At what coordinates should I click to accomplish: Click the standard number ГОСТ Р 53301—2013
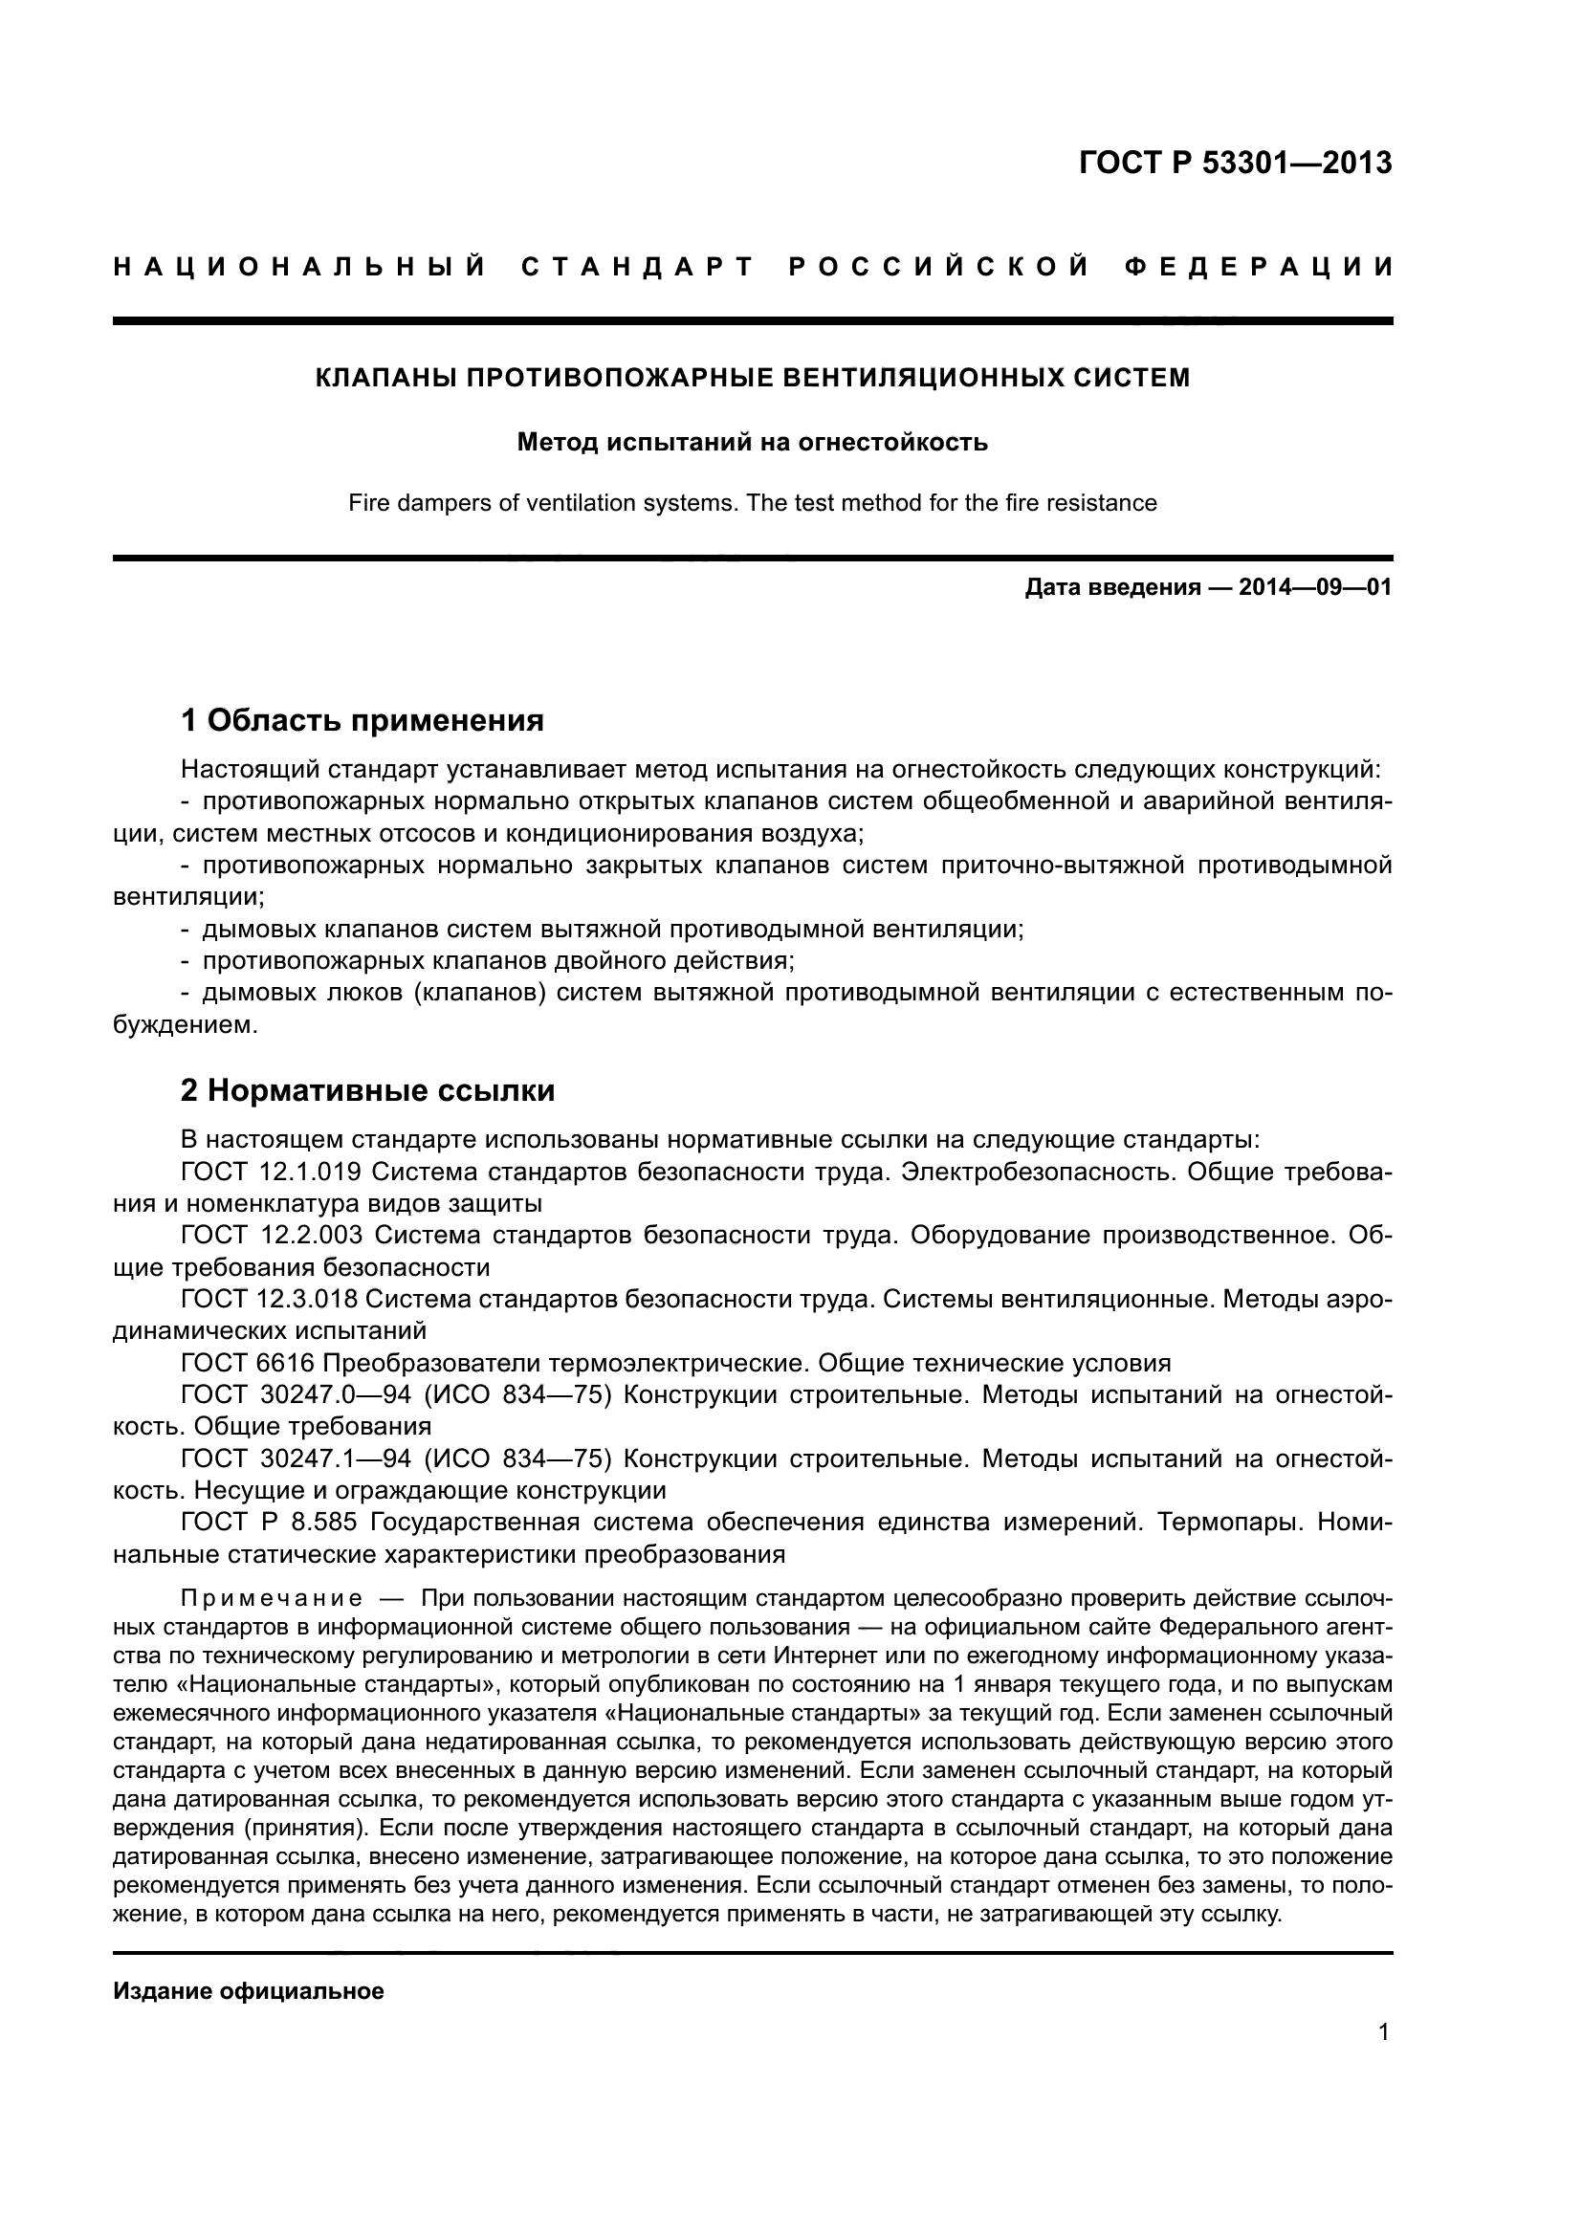(1235, 163)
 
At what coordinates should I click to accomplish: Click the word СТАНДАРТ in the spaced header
(638, 267)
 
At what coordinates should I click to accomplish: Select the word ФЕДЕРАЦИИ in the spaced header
(1260, 267)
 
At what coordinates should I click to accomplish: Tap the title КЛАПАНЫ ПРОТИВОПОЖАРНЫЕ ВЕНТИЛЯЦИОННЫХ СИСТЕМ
(752, 378)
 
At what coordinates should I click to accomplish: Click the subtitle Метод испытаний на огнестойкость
(752, 443)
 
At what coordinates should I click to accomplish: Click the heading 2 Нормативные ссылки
(367, 1089)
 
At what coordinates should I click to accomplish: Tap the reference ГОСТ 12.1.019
(271, 1172)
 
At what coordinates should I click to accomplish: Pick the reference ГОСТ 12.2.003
(271, 1235)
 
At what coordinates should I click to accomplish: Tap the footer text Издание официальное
(249, 1991)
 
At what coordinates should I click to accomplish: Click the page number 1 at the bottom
(1383, 2059)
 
